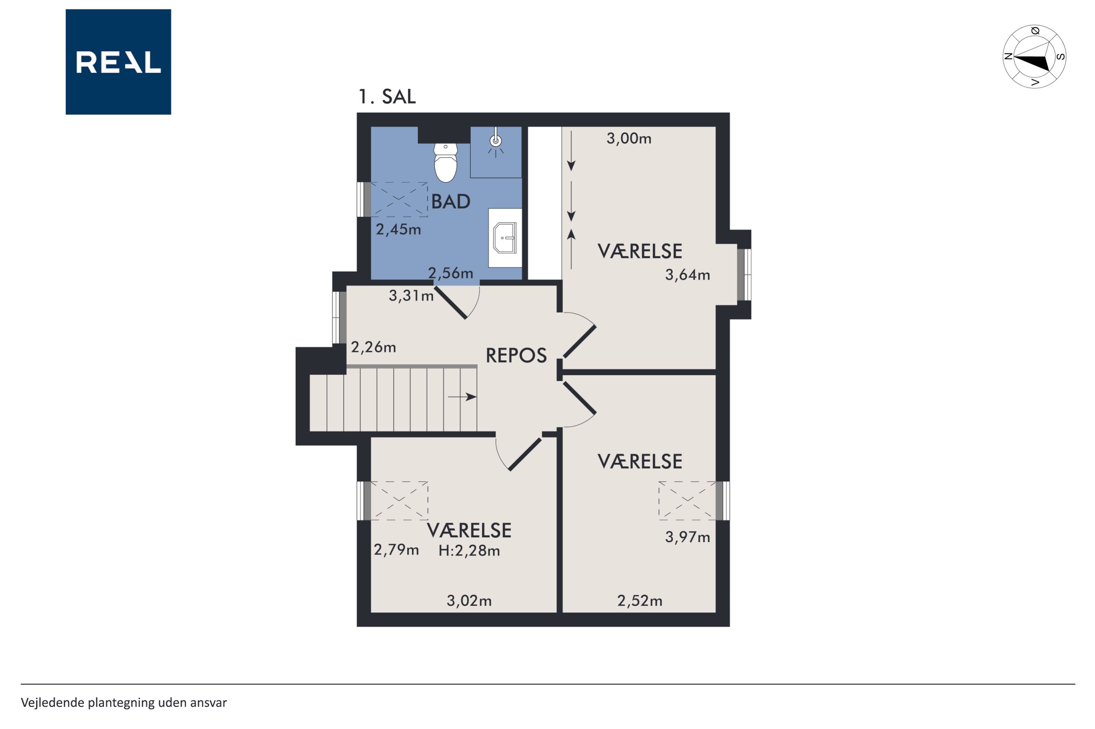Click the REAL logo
tap(118, 62)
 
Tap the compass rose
tap(1034, 57)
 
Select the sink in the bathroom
tap(505, 238)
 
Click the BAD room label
tap(451, 201)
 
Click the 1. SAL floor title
tap(387, 97)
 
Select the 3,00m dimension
tap(629, 138)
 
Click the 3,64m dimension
tap(687, 275)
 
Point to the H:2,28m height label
tap(469, 551)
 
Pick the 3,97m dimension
tap(687, 538)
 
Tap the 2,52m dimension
tap(639, 601)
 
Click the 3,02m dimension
tap(469, 601)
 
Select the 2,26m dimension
tap(373, 347)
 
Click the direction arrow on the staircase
tap(462, 397)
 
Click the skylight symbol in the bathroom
tap(399, 199)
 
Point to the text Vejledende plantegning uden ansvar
tap(124, 702)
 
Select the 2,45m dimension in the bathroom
tap(398, 229)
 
